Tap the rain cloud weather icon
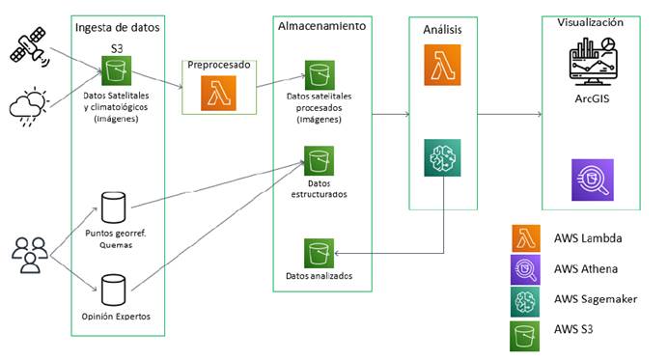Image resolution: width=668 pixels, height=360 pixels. (27, 105)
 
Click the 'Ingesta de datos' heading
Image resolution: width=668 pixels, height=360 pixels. (117, 27)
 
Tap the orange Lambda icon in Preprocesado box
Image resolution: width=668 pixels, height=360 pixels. (218, 95)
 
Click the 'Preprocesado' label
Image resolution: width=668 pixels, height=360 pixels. (218, 65)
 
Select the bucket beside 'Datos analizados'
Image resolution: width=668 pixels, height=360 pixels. (319, 253)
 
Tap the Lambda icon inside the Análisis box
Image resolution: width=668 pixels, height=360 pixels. (441, 72)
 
